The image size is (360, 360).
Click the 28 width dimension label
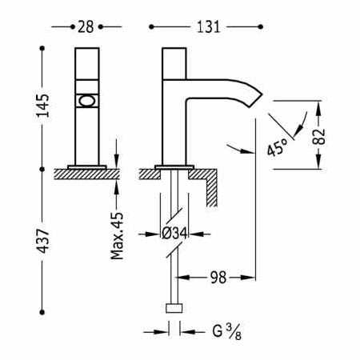tap(86, 27)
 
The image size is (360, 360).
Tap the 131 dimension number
tap(208, 27)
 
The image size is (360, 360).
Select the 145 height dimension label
tap(43, 106)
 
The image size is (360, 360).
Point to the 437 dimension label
tap(43, 241)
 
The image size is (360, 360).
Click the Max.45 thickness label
tap(117, 236)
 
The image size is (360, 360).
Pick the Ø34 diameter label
tap(174, 234)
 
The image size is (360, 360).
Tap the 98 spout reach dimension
tap(218, 278)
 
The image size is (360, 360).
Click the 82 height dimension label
tap(319, 137)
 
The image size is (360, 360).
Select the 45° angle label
tap(278, 147)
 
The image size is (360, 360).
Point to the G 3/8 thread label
tap(227, 332)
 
